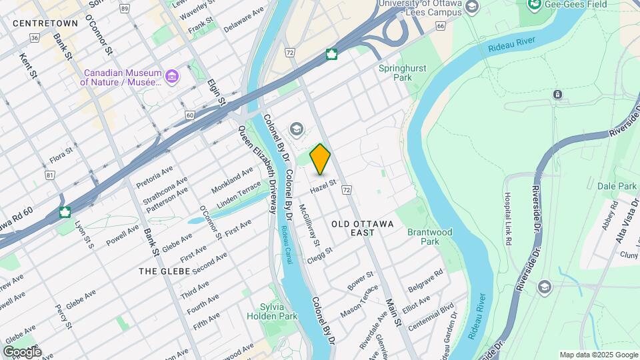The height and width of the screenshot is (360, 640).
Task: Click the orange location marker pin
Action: click(321, 159)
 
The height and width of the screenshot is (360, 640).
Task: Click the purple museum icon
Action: click(173, 77)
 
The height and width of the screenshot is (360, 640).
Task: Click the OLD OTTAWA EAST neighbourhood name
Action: click(363, 227)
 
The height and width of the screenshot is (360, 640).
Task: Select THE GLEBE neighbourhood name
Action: click(165, 271)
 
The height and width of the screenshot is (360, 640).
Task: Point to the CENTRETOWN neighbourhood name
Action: click(45, 23)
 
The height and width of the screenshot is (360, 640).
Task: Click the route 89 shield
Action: click(125, 8)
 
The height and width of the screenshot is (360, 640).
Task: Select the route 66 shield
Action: click(439, 26)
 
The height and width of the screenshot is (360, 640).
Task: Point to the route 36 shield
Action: click(33, 38)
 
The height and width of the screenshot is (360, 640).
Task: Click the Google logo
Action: click(22, 351)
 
